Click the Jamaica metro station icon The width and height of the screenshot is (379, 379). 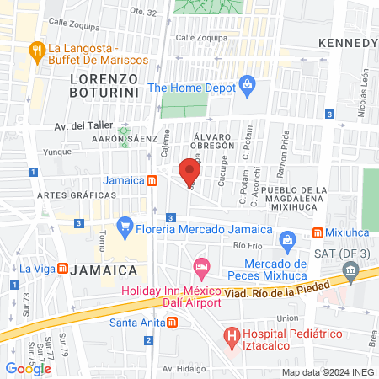[x=151, y=180]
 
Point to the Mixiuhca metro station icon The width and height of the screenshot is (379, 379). [x=318, y=232]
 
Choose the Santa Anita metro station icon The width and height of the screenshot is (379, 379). [x=171, y=321]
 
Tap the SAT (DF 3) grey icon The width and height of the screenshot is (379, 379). [x=351, y=270]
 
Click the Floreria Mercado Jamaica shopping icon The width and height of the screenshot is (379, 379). [x=125, y=226]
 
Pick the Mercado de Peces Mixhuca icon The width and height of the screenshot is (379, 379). [x=286, y=239]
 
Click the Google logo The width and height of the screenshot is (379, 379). [x=28, y=368]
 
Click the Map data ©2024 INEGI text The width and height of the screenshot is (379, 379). [x=328, y=371]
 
